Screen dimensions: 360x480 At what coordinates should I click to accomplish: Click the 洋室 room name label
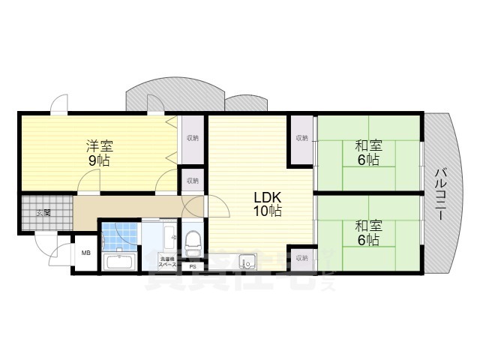(x=98, y=146)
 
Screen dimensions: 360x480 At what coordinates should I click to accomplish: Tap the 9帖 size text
(x=98, y=161)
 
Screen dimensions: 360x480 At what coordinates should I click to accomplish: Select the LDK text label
(x=267, y=197)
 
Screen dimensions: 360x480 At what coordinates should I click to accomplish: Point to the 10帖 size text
(x=267, y=212)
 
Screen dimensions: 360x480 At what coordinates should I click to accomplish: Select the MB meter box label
(x=85, y=253)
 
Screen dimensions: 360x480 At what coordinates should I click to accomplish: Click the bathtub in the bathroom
(x=119, y=262)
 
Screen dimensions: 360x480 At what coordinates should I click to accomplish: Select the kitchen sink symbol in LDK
(x=247, y=262)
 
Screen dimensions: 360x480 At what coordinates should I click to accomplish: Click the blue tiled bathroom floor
(x=118, y=238)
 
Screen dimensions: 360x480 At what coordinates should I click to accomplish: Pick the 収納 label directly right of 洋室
(x=193, y=138)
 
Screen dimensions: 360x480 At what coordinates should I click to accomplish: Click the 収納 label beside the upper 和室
(x=301, y=138)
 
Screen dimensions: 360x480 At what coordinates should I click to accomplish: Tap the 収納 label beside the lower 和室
(x=301, y=257)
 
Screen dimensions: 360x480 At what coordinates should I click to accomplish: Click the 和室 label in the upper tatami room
(x=367, y=146)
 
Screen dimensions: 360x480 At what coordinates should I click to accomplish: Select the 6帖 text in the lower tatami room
(x=367, y=240)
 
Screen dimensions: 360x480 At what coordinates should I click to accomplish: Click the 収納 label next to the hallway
(x=193, y=180)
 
